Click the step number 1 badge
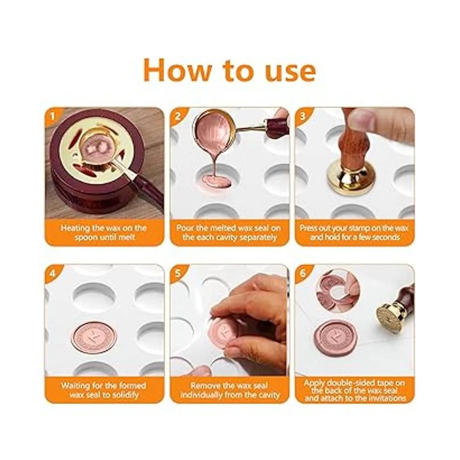(x=53, y=117)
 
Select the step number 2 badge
(x=178, y=117)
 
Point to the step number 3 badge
(x=303, y=117)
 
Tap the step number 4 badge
(x=53, y=273)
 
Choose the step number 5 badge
(x=178, y=273)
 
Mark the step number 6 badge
(x=303, y=273)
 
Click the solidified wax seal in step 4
(x=93, y=337)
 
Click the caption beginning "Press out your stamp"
(x=354, y=232)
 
